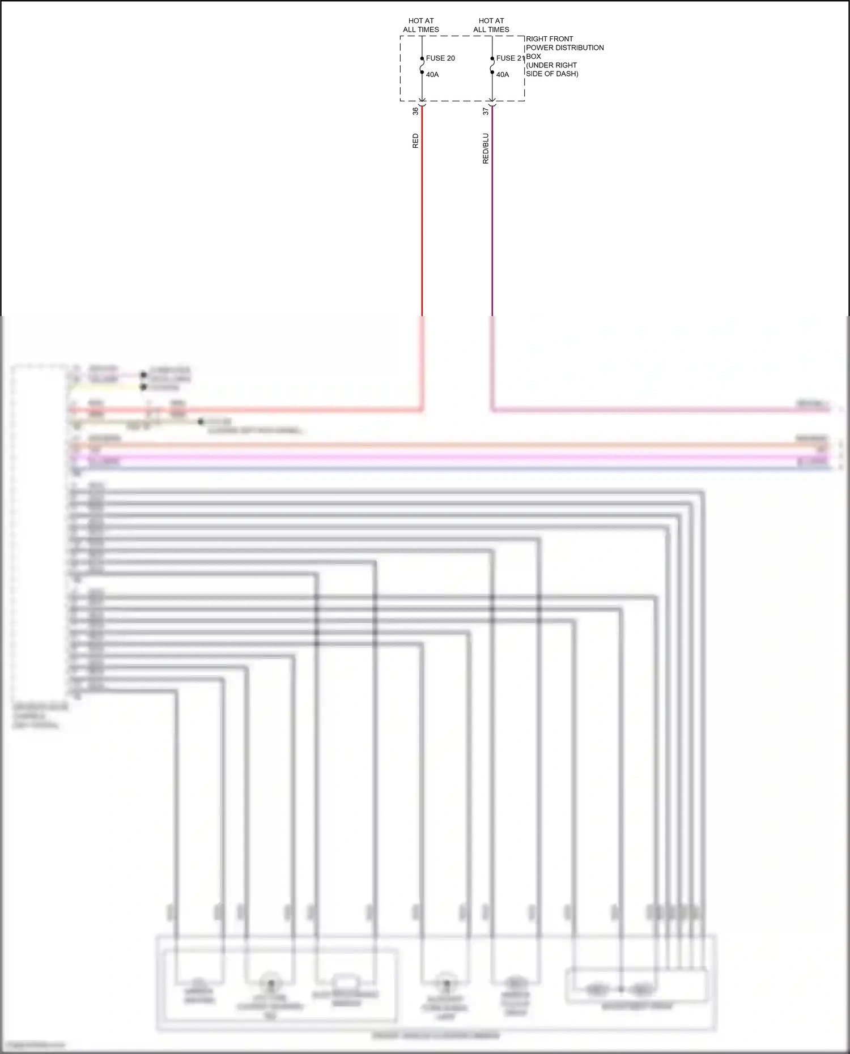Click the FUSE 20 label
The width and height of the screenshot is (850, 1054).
[x=440, y=58]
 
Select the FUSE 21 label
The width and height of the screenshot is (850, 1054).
[x=510, y=58]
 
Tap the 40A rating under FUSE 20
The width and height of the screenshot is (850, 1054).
[x=432, y=75]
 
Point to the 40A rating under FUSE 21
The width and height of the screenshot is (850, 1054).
[x=503, y=75]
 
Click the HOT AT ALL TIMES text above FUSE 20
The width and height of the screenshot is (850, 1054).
[x=421, y=25]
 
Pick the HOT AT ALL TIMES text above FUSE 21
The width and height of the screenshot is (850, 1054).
[x=491, y=25]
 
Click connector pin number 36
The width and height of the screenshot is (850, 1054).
[x=415, y=111]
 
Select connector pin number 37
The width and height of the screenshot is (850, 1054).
[x=486, y=111]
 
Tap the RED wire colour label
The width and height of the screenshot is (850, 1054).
[x=415, y=141]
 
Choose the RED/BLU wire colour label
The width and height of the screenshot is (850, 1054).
[x=486, y=148]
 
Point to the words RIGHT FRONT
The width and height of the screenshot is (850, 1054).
[x=549, y=39]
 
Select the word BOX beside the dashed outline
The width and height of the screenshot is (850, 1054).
[x=533, y=57]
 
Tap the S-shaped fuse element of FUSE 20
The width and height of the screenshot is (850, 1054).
[x=422, y=66]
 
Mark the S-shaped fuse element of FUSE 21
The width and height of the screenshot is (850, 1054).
[x=492, y=66]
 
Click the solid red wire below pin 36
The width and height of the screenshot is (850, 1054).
[x=422, y=227]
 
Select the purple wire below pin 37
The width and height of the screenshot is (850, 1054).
[x=492, y=227]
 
